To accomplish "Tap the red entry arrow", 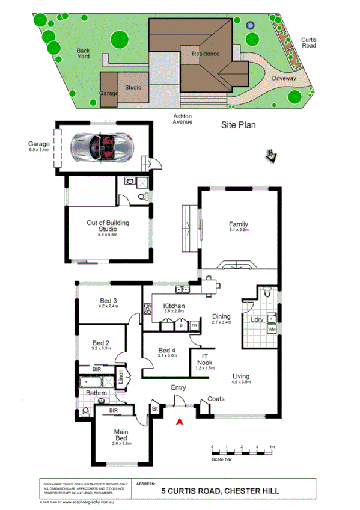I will click(x=178, y=422).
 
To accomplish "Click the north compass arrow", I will click(x=272, y=157).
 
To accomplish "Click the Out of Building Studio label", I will click(x=108, y=226).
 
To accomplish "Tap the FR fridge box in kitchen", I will click(x=194, y=325).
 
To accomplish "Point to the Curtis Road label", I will click(x=308, y=42).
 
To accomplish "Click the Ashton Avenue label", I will click(x=183, y=119).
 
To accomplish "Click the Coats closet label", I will click(x=216, y=399).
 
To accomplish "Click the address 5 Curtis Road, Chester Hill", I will click(x=221, y=491).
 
